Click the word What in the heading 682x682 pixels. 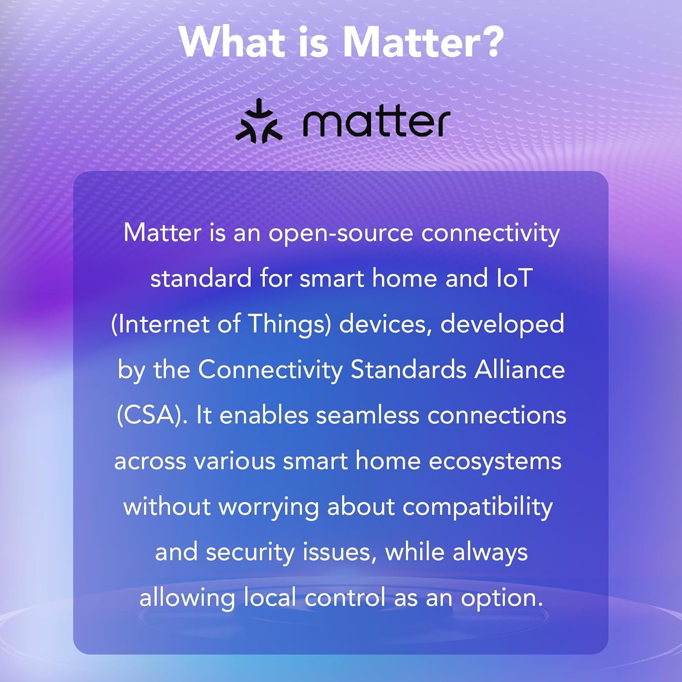(232, 42)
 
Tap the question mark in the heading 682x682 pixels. (488, 41)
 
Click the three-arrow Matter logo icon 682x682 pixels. (259, 121)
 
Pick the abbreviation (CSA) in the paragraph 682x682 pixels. (152, 415)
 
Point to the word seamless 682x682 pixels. (367, 415)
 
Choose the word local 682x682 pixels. (270, 597)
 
